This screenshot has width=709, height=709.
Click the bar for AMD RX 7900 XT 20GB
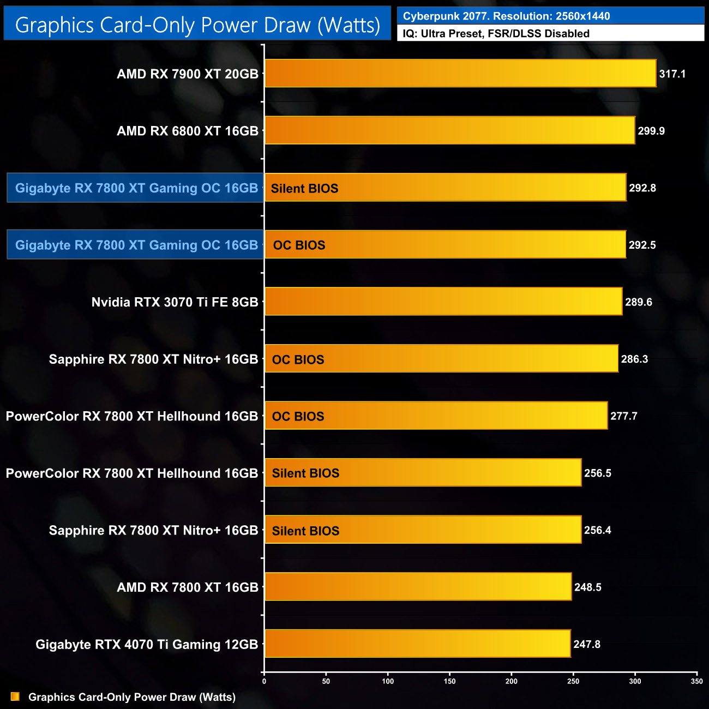(460, 74)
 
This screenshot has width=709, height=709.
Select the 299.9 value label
(651, 131)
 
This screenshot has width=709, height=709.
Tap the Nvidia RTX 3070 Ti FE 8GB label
(175, 302)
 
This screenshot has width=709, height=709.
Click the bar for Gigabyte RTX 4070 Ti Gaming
(417, 644)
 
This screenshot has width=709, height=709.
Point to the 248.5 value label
(587, 587)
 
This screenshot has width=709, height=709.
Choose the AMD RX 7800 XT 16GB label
(187, 587)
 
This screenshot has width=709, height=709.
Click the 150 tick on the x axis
(450, 681)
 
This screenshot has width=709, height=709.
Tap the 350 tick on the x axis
(696, 681)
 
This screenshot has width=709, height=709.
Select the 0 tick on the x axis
(265, 681)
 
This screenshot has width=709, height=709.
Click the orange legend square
(15, 697)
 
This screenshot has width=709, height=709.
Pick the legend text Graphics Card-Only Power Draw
(132, 697)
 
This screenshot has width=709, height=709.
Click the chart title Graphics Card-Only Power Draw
(197, 25)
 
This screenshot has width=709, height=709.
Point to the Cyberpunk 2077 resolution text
(506, 16)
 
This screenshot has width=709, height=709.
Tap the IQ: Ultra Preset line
(496, 34)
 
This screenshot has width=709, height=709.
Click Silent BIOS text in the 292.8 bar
(304, 189)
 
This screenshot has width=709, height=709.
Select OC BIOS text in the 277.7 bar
(298, 417)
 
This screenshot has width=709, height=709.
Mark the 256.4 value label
(597, 530)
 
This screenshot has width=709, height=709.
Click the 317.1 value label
(672, 74)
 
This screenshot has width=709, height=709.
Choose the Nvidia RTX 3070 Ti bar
(443, 302)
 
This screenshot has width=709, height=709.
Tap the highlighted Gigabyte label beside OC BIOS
(136, 245)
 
